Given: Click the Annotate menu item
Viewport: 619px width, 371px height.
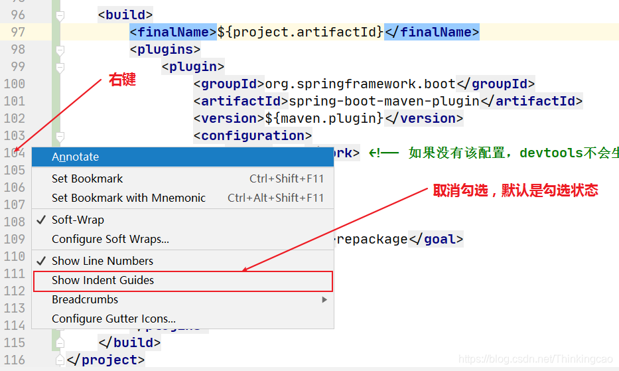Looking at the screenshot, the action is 75,157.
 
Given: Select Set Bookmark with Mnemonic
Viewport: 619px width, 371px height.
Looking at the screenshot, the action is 129,198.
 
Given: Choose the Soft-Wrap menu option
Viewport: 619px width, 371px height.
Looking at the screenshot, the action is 78,220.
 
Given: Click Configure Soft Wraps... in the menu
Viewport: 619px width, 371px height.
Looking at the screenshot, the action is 110,239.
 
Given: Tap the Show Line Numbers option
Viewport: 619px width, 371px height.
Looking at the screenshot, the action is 102,261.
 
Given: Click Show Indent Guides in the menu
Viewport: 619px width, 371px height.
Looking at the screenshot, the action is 103,281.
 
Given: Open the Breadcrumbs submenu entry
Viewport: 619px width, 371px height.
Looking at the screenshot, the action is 85,299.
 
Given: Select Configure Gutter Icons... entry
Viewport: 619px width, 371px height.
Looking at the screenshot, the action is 113,319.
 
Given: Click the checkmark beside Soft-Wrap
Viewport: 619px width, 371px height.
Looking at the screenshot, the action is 41,220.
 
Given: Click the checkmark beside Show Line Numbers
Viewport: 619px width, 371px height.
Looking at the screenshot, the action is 41,261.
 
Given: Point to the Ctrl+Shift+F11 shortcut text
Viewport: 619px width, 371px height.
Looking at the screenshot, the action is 287,179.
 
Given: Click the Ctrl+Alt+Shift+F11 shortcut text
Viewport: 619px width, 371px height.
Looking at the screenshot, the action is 275,198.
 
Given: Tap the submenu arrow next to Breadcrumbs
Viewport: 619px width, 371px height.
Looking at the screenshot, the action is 324,299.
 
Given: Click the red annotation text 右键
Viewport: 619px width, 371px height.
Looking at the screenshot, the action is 122,80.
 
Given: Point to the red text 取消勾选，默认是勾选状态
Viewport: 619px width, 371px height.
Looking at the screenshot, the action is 516,190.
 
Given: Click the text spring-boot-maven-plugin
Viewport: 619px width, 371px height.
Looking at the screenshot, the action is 384,101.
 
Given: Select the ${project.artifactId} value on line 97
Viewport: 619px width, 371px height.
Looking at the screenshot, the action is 300,32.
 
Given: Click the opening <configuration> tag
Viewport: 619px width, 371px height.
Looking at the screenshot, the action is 252,135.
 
